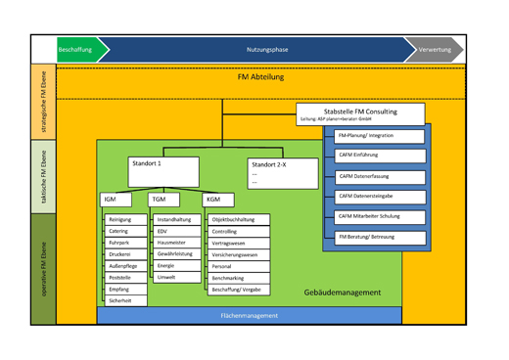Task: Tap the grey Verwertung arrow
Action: click(435, 49)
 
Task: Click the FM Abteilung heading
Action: click(258, 77)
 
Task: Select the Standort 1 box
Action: click(162, 171)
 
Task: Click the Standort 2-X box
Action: click(282, 173)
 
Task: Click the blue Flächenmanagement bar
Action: click(250, 316)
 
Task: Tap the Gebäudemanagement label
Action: click(342, 292)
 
